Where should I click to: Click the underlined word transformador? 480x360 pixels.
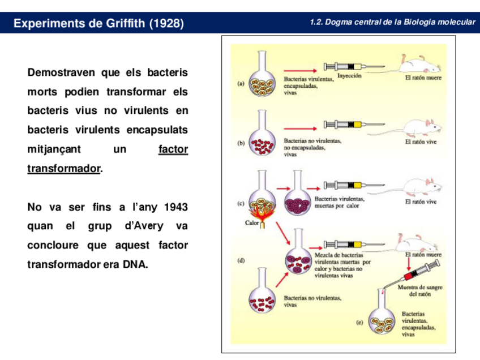(63, 169)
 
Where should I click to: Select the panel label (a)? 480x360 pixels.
(241, 84)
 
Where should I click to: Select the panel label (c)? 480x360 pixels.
(241, 202)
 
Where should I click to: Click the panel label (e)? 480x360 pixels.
(359, 323)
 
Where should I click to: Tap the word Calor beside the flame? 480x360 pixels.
(252, 222)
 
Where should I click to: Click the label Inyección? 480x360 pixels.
(349, 75)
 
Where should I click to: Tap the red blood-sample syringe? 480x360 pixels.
(418, 271)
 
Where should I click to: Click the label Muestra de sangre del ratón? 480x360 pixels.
(419, 290)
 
